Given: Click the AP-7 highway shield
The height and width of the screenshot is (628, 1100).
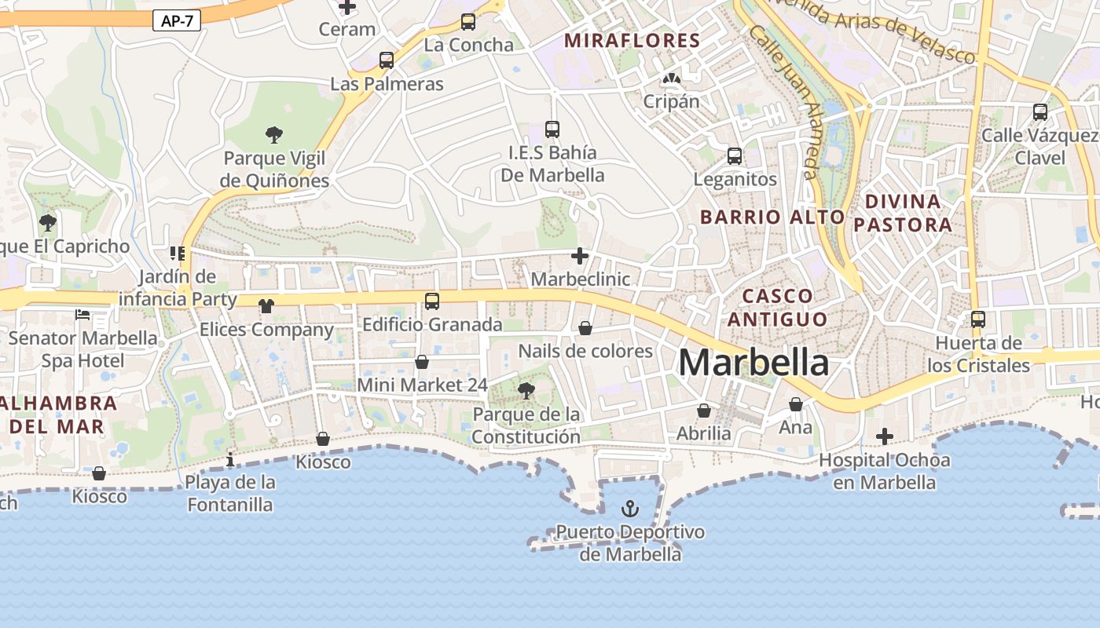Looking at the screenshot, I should point(177,20).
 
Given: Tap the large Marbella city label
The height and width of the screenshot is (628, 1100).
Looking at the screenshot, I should point(753,363).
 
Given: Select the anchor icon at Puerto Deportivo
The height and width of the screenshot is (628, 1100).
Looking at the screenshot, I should point(630,509).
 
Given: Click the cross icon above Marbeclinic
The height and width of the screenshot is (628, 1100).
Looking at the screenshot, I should point(580,256).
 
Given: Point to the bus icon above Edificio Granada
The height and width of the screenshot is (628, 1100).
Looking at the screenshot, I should point(431,301).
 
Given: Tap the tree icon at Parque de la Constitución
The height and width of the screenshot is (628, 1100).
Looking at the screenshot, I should point(526,390).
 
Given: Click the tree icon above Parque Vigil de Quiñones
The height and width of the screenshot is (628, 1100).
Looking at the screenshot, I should point(273,135).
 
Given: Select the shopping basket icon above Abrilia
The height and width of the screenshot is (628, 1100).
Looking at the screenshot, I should point(704,411).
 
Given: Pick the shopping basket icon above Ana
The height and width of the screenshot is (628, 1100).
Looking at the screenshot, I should point(796,404).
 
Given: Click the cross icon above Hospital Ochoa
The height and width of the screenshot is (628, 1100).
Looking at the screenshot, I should point(885,436).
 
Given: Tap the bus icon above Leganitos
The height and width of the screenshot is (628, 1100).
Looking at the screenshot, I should point(735,156).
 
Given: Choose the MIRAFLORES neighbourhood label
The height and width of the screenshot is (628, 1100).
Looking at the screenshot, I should point(632,41).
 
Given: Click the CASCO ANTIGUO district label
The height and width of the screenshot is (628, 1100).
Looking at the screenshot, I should point(777,307).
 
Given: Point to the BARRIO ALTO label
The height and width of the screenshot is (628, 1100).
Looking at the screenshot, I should point(772,217).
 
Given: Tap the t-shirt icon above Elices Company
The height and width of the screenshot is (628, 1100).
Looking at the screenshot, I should point(266,306).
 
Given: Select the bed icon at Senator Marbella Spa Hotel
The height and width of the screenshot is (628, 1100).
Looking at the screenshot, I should point(82,315).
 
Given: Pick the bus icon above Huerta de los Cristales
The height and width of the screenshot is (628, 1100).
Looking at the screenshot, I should point(978,319).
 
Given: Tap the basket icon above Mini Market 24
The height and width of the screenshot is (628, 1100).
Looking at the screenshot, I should point(422,362).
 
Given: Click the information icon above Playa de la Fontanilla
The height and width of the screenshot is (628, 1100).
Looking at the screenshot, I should point(230,459).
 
